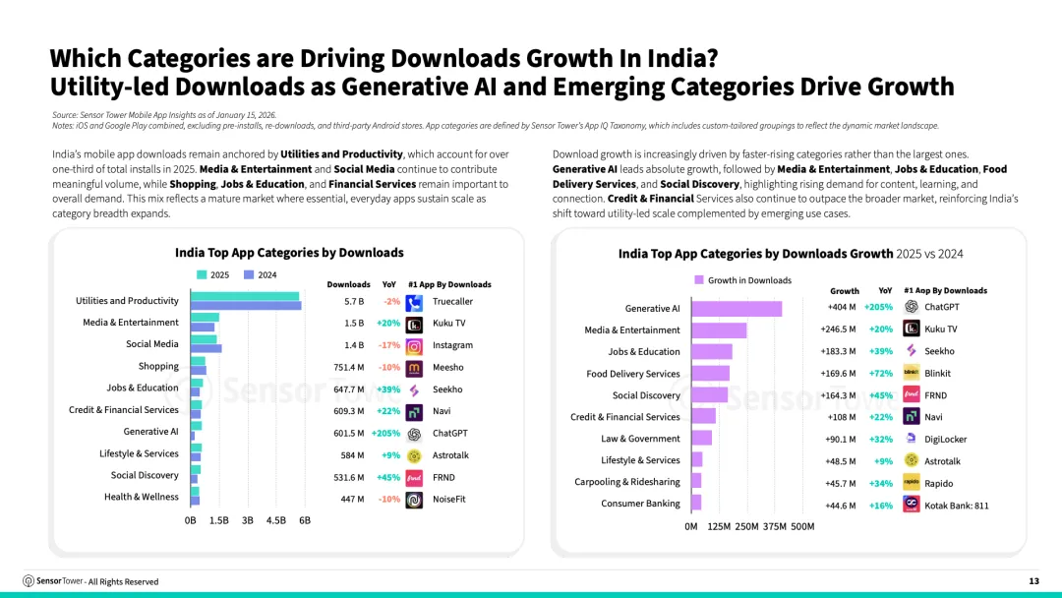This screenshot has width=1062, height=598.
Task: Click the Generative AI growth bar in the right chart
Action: (x=737, y=309)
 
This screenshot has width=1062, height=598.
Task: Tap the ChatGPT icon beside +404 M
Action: (x=911, y=307)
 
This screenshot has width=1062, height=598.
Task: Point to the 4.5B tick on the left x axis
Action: (x=276, y=519)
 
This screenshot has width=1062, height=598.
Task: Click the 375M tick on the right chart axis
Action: (x=775, y=526)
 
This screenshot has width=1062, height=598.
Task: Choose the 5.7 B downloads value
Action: (x=354, y=301)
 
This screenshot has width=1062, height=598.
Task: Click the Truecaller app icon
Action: (x=414, y=302)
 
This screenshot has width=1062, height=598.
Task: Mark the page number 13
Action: (x=1033, y=581)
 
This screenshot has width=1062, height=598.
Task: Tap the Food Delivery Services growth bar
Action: (x=710, y=373)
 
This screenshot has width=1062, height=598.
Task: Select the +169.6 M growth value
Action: (x=838, y=374)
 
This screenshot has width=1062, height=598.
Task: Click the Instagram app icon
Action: (x=414, y=345)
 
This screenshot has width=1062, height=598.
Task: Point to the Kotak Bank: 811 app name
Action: (x=956, y=506)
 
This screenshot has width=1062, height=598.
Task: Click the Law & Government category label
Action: (x=640, y=439)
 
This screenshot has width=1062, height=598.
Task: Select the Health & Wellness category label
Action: (x=142, y=497)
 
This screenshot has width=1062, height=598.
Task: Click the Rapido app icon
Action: (x=911, y=483)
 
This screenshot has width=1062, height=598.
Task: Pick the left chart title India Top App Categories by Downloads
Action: (x=289, y=253)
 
